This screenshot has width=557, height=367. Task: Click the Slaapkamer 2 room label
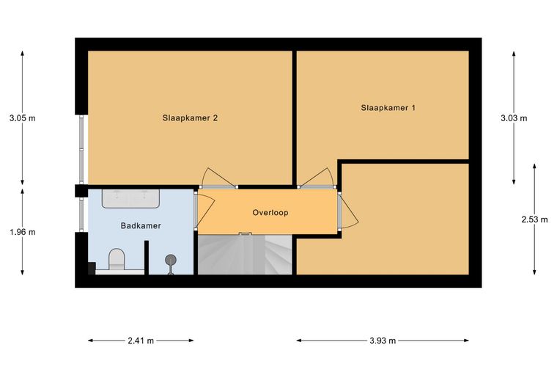190,118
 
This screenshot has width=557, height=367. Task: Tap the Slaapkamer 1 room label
388,108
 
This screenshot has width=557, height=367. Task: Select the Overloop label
270,213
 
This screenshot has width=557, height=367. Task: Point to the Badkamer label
141,225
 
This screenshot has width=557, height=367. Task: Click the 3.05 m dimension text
23,118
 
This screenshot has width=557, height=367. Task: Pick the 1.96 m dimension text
23,232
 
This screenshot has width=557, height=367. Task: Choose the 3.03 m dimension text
514,118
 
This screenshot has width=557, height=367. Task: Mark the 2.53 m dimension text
534,219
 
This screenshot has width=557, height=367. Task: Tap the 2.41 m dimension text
141,341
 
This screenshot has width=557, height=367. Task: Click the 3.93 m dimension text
383,341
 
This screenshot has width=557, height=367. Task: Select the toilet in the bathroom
117,260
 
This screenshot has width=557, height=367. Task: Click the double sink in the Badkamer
130,198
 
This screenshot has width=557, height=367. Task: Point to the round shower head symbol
171,260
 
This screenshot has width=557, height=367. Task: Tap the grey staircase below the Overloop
245,254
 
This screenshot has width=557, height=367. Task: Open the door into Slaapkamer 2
218,178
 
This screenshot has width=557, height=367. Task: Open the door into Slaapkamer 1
317,178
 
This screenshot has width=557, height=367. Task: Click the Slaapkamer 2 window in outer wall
81,149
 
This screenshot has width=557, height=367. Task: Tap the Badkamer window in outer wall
81,214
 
